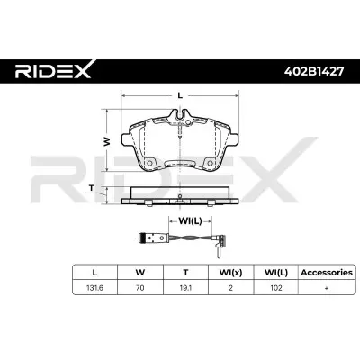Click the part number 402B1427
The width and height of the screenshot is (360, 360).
(314, 71)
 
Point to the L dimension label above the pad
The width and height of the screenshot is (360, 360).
(180, 95)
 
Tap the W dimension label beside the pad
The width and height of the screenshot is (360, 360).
(106, 141)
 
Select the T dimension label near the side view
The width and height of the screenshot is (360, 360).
(92, 188)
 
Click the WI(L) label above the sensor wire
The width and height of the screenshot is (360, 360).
(190, 221)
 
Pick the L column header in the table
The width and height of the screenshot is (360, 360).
(94, 273)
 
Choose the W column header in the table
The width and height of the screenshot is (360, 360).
(140, 273)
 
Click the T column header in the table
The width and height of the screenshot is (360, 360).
(185, 273)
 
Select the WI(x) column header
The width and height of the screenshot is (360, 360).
(230, 273)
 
